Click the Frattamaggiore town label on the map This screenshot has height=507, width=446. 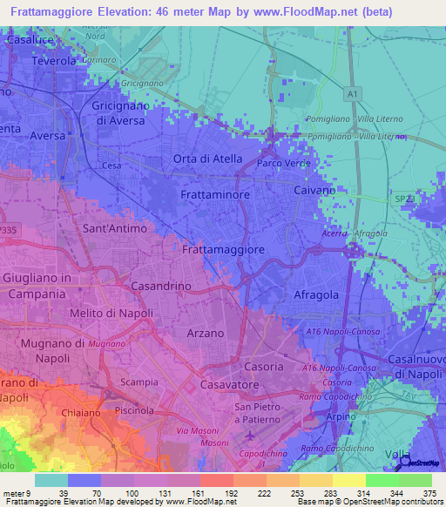[x=223, y=249]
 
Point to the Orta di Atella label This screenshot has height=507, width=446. [x=207, y=158]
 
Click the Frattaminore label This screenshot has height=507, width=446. [x=214, y=196]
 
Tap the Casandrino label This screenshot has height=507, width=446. [x=160, y=286]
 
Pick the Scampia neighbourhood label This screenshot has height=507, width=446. [x=139, y=382]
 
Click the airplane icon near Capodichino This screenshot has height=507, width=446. [x=252, y=434]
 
